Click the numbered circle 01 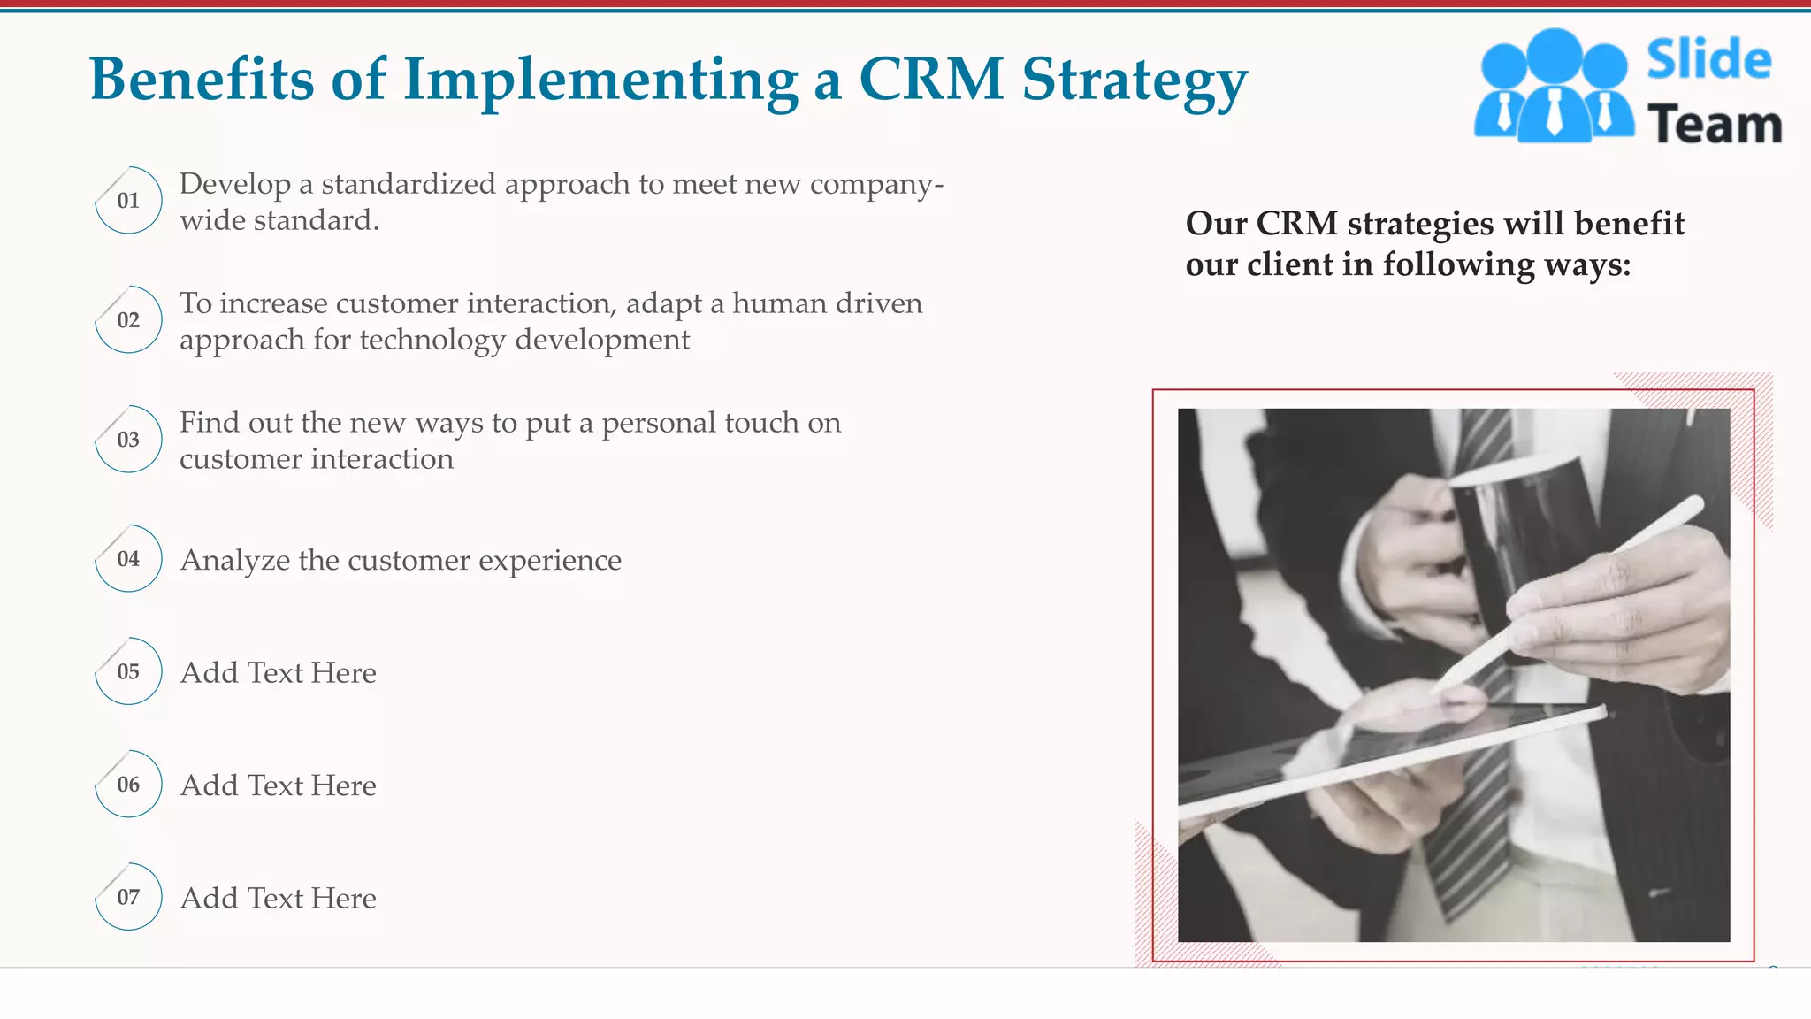point(128,200)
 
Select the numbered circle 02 point(128,319)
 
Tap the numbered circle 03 point(128,439)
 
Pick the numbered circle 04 point(128,558)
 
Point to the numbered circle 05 point(128,671)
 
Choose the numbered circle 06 point(128,784)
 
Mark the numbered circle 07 point(128,897)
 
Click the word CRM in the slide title point(931,79)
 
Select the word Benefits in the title point(202,79)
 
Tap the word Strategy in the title point(1135,82)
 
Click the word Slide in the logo point(1708,60)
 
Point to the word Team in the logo point(1714,124)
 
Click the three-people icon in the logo point(1554,87)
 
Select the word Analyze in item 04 point(235,561)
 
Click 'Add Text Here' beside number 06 point(279,785)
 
